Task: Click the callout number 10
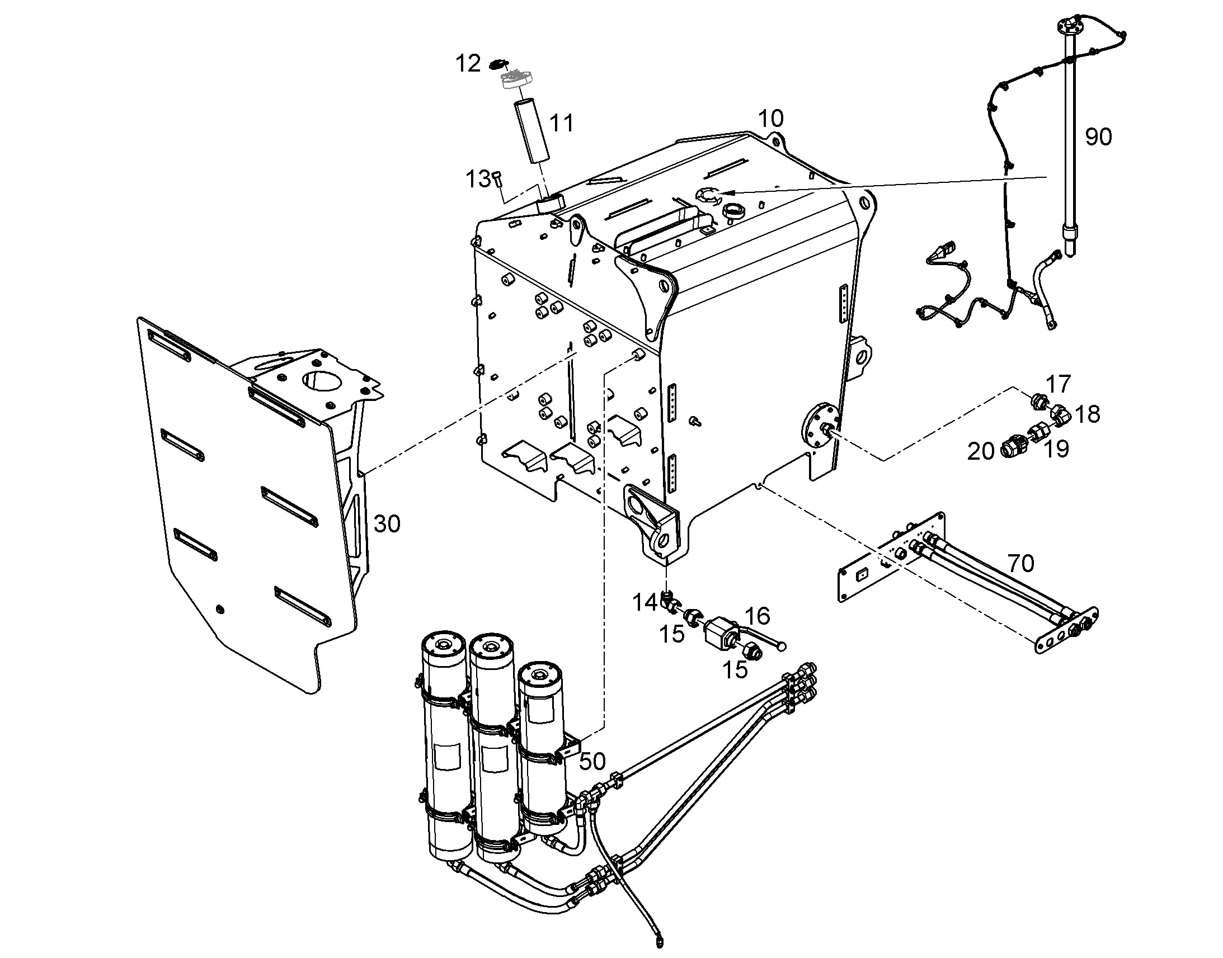click(771, 119)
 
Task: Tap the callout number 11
click(562, 123)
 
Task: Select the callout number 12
click(468, 64)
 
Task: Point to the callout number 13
click(478, 180)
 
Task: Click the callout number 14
click(645, 603)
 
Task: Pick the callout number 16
click(758, 616)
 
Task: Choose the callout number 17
click(1059, 384)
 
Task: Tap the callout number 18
click(1088, 414)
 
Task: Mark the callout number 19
click(1056, 449)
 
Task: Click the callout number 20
click(981, 451)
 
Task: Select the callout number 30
click(387, 524)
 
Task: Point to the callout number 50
click(592, 761)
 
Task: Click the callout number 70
click(1021, 563)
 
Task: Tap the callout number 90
click(1098, 137)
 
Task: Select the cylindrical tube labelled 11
click(530, 132)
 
